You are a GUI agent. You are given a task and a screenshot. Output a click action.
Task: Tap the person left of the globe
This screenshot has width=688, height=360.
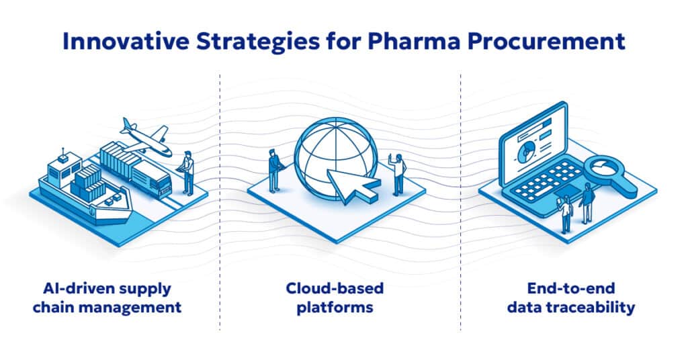coord(274,170)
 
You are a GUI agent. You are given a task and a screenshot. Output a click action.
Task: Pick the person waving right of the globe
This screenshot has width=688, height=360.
coord(399,174)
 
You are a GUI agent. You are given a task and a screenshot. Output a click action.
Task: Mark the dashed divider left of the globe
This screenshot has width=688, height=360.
coord(220,201)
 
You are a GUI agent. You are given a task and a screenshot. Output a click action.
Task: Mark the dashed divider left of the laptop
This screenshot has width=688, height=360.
coord(461,201)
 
